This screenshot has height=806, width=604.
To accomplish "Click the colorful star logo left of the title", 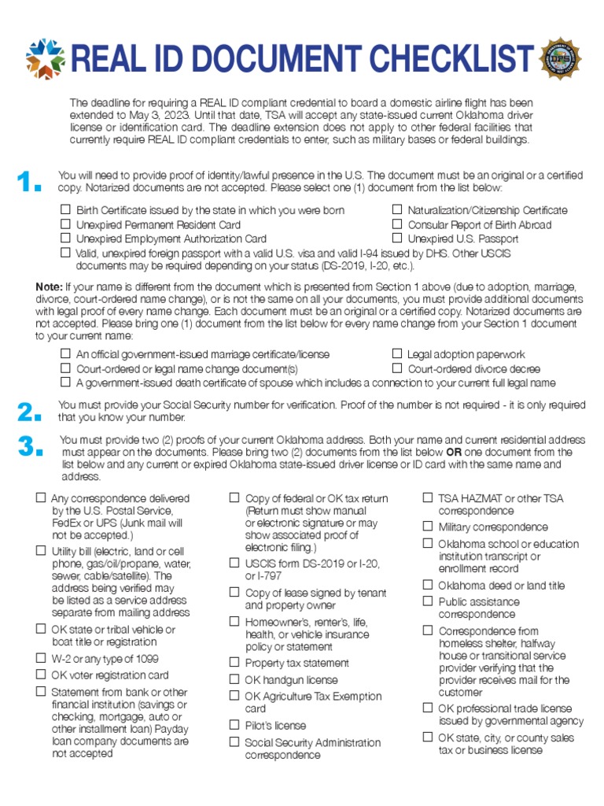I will tap(44, 58).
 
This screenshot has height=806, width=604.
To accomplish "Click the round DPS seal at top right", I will tap(560, 57).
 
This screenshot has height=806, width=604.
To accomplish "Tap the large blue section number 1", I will tap(28, 183).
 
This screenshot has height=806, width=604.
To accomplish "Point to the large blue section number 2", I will tap(28, 412).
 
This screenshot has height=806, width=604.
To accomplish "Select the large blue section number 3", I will tap(28, 447).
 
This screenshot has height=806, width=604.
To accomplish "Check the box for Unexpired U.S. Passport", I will tap(397, 238).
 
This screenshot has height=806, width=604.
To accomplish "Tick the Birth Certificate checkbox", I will tap(65, 211).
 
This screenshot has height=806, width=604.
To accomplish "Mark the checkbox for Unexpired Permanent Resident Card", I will tap(65, 225).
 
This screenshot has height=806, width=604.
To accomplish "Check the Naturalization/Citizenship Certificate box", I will tap(397, 210).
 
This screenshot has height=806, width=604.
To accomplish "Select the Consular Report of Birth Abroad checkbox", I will tap(397, 224).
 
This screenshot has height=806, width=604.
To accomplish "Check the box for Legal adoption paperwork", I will tap(397, 355).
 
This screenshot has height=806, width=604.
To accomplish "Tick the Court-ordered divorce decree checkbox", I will tap(397, 369).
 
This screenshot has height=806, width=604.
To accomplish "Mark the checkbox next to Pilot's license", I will tap(234, 725).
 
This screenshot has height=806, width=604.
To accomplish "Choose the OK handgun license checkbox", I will tap(234, 679).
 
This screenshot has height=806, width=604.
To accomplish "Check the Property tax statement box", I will tap(234, 663).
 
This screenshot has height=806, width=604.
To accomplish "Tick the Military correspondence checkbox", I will tap(428, 527).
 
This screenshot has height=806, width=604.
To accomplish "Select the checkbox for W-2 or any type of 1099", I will tap(41, 658).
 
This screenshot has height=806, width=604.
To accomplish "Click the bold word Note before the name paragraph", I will tap(49, 287).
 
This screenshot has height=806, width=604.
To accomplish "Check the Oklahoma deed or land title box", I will tap(428, 585).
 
